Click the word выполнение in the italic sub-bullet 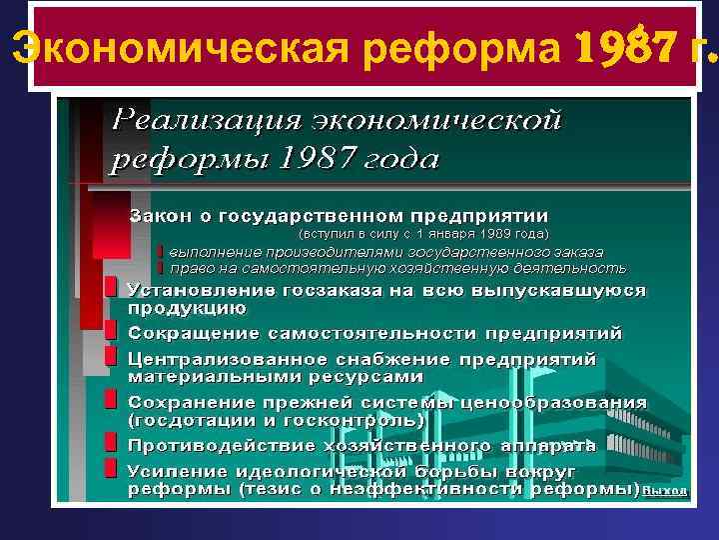coord(216,251)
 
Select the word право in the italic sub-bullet coord(192,268)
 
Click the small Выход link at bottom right coord(665,490)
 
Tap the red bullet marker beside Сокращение coord(111,330)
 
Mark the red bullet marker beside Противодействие coord(111,443)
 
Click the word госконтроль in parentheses coord(324,420)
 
